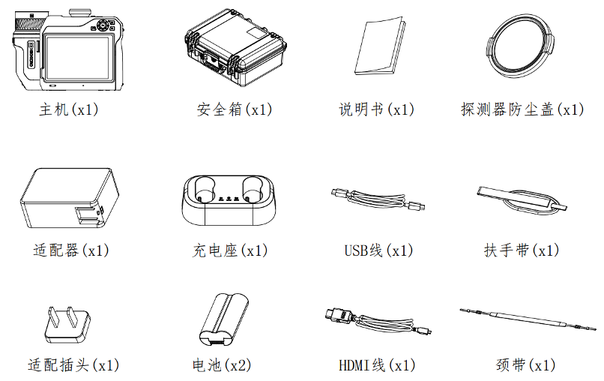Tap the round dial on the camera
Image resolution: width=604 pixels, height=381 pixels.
coord(103,25)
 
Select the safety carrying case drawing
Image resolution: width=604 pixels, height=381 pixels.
coord(235,48)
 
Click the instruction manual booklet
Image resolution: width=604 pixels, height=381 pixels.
coord(380,46)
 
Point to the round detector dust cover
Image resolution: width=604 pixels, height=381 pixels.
coord(520,46)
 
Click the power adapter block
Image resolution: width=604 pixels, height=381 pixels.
coord(70,198)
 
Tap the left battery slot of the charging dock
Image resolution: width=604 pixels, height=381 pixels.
coord(205,189)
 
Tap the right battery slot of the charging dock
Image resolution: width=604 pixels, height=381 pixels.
coord(253,189)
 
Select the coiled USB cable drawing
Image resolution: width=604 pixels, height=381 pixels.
coord(378,199)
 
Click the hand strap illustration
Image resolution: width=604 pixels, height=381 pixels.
coord(522,199)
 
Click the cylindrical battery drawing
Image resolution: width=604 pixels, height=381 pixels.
coord(224,319)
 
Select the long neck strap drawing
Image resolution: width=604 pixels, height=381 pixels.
coord(528,319)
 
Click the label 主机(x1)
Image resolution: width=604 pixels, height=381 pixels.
coord(69,109)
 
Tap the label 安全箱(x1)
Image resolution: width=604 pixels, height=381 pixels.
coord(235,109)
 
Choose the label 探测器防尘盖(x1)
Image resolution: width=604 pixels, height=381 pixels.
coord(523,109)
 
